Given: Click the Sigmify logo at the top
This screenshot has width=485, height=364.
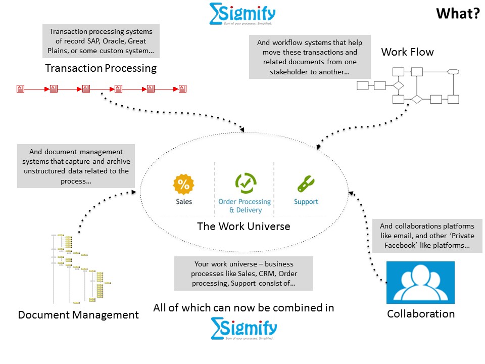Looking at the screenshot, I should pyautogui.click(x=242, y=14).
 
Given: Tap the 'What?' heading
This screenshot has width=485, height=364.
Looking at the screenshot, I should pyautogui.click(x=458, y=14).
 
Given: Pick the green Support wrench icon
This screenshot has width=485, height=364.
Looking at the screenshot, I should pyautogui.click(x=306, y=184).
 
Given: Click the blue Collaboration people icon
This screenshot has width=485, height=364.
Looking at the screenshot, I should pyautogui.click(x=420, y=282).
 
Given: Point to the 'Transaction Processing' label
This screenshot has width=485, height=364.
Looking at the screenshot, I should pyautogui.click(x=101, y=68).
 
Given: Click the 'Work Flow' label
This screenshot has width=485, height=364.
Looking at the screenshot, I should pyautogui.click(x=407, y=52).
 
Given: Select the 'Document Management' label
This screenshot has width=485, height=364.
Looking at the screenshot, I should pyautogui.click(x=78, y=315).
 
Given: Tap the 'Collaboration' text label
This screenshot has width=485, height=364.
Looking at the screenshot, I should pyautogui.click(x=420, y=314).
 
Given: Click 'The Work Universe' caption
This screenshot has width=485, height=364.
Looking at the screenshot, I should pyautogui.click(x=244, y=226).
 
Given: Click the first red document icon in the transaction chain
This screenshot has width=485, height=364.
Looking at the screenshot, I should pyautogui.click(x=21, y=89).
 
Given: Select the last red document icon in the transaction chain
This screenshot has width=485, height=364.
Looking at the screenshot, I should pyautogui.click(x=182, y=89).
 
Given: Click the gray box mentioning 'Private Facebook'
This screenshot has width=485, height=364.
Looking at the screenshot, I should pyautogui.click(x=427, y=236).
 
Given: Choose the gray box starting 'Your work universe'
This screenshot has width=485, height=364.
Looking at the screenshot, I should pyautogui.click(x=244, y=274).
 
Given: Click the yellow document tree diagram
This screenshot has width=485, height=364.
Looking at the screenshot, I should pyautogui.click(x=81, y=268).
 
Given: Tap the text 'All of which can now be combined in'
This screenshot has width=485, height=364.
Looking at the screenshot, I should pyautogui.click(x=244, y=307).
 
